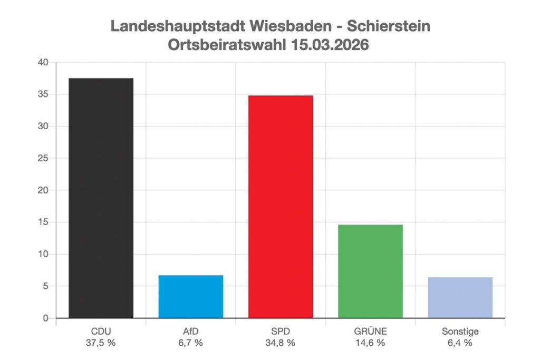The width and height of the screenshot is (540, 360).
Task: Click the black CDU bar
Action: [101, 198]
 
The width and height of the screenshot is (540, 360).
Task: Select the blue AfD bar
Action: [190, 296]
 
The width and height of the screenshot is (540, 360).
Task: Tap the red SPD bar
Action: [281, 207]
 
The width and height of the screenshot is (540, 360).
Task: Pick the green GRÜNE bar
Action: [370, 271]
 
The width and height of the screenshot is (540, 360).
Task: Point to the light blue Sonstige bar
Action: [460, 297]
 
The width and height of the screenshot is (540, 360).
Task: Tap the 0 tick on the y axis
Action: [45, 318]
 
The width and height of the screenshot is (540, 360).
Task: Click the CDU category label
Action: [101, 332]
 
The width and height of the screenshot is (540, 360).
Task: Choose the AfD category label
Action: [190, 332]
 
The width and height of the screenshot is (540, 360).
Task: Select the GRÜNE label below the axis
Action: [370, 332]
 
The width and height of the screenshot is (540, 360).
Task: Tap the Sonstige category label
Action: [460, 332]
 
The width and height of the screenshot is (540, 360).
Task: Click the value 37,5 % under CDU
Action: [101, 343]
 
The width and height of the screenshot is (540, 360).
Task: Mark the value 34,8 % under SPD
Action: [281, 343]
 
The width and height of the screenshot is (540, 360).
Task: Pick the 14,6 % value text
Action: [370, 343]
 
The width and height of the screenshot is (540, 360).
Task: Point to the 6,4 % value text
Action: [460, 343]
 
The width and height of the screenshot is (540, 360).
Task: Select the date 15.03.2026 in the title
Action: [329, 45]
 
